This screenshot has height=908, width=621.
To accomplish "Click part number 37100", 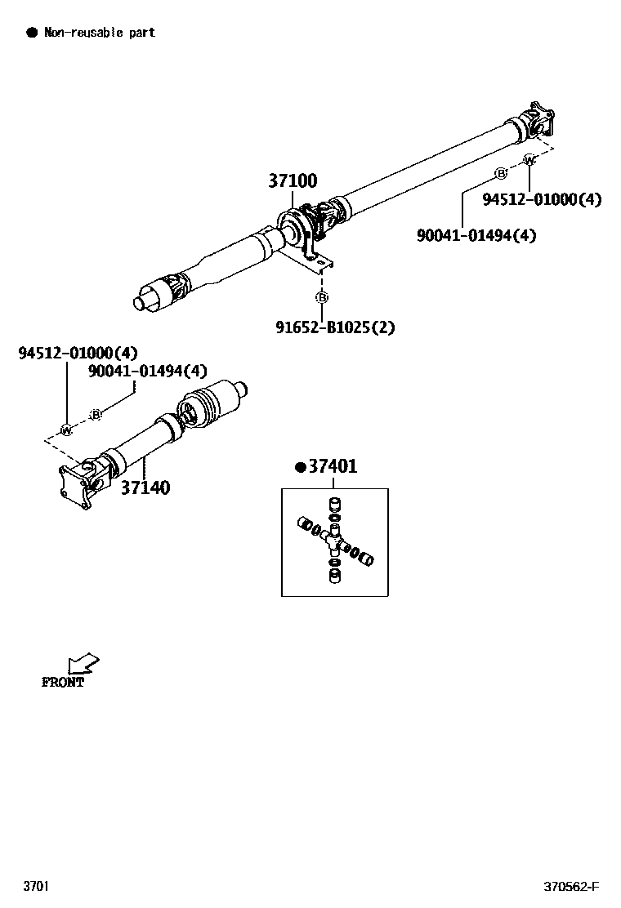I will (x=293, y=181).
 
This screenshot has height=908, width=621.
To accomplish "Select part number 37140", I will (x=145, y=487).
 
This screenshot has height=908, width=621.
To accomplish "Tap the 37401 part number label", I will (x=332, y=467).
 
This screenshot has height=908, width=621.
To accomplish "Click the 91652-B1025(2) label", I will (x=335, y=327).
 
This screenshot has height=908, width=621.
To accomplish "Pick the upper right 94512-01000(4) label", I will (x=541, y=199).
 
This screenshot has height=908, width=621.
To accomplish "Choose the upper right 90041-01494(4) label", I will (x=476, y=235).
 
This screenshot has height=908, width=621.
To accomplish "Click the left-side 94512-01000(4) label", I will (x=78, y=353).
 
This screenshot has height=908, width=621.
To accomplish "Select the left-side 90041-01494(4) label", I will (x=148, y=372).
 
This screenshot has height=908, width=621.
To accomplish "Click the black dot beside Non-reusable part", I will (x=32, y=33).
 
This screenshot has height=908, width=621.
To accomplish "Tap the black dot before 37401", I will (x=300, y=467).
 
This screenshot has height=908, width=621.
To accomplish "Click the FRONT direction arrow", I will (x=83, y=663).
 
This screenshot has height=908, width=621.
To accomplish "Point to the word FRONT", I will (x=63, y=683).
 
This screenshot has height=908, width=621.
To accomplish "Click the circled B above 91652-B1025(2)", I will (x=322, y=296).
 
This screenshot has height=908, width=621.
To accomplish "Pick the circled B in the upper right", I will (x=501, y=173).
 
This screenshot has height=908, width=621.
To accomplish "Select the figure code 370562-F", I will (x=571, y=887).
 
